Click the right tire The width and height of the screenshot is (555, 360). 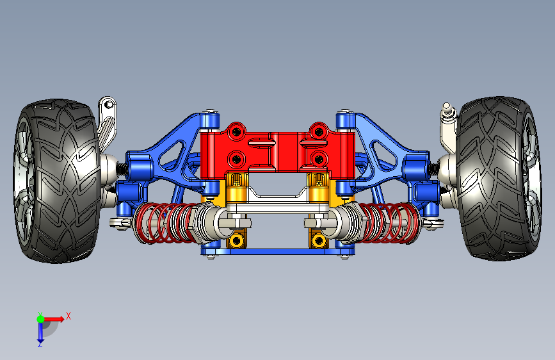[x=499, y=178]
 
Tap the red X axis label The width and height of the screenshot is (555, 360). [x=68, y=316]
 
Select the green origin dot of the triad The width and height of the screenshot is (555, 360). [x=41, y=319]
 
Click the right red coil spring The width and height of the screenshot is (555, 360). [x=390, y=222]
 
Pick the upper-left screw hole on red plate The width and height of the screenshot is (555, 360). [x=236, y=132]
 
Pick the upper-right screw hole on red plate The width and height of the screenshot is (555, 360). [x=319, y=132]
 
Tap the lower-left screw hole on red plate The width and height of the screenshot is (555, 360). [x=236, y=160]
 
